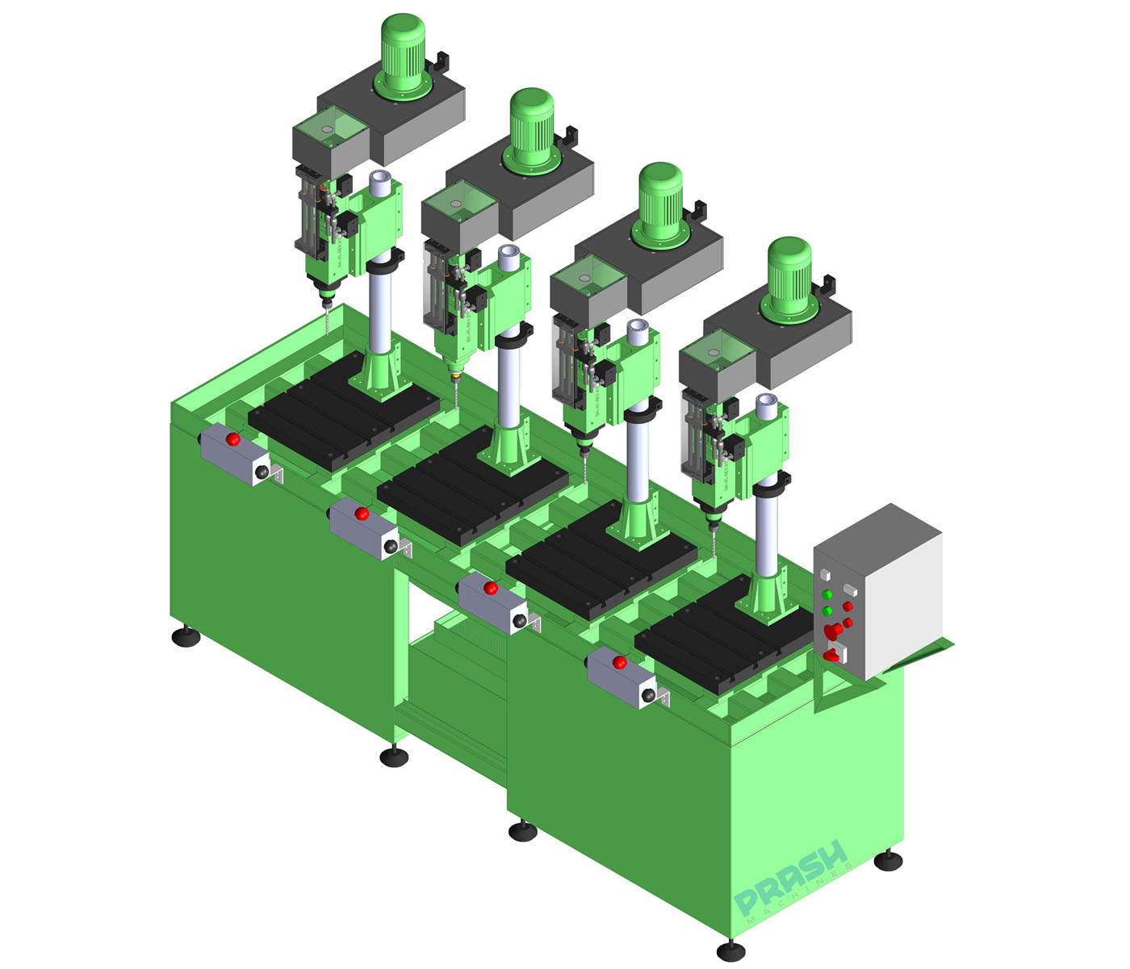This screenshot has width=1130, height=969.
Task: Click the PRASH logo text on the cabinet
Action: pos(791,877)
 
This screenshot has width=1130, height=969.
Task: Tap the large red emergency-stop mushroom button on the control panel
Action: pos(831,630)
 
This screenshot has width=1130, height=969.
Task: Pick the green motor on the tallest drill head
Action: pos(403,52)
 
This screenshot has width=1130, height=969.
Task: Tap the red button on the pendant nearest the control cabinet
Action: pos(619,663)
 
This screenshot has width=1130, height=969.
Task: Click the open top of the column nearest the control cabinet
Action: pos(766,401)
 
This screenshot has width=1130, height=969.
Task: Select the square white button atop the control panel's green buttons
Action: pos(826,574)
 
